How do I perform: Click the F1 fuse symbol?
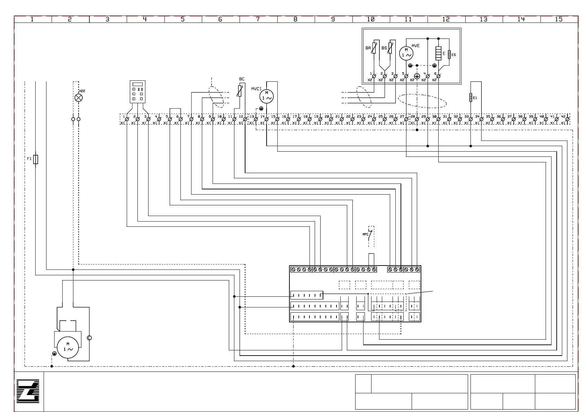(36, 159)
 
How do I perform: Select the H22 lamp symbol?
(79, 98)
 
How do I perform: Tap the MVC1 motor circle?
(267, 97)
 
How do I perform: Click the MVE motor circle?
(406, 53)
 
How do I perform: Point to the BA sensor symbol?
(374, 48)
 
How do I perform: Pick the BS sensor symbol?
(390, 48)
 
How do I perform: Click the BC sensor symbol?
(240, 91)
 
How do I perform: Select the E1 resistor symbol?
(471, 98)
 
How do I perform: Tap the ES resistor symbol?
(449, 54)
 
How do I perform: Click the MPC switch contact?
(370, 235)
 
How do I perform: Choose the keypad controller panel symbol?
(137, 92)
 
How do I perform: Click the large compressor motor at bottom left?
(68, 348)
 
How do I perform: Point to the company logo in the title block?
(28, 391)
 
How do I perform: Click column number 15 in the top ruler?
(559, 19)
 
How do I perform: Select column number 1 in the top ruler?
(32, 19)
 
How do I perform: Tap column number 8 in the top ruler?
(295, 19)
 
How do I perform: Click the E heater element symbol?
(438, 53)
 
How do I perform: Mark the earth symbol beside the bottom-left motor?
(54, 353)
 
